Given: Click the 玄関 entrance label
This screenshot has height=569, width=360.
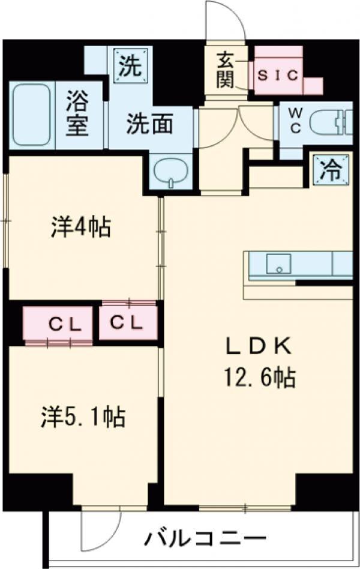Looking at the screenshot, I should tap(225, 71).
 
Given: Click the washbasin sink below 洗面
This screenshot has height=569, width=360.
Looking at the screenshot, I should tap(171, 172).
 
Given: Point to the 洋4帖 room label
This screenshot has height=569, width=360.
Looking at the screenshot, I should tap(80, 227).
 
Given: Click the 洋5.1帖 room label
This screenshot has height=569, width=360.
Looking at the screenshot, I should tap(83, 417).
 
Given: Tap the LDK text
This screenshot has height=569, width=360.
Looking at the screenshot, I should tap(259, 347).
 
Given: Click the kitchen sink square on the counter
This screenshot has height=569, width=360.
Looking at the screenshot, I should tap(278, 264).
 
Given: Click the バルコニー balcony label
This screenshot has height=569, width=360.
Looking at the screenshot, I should tap(205, 535).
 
